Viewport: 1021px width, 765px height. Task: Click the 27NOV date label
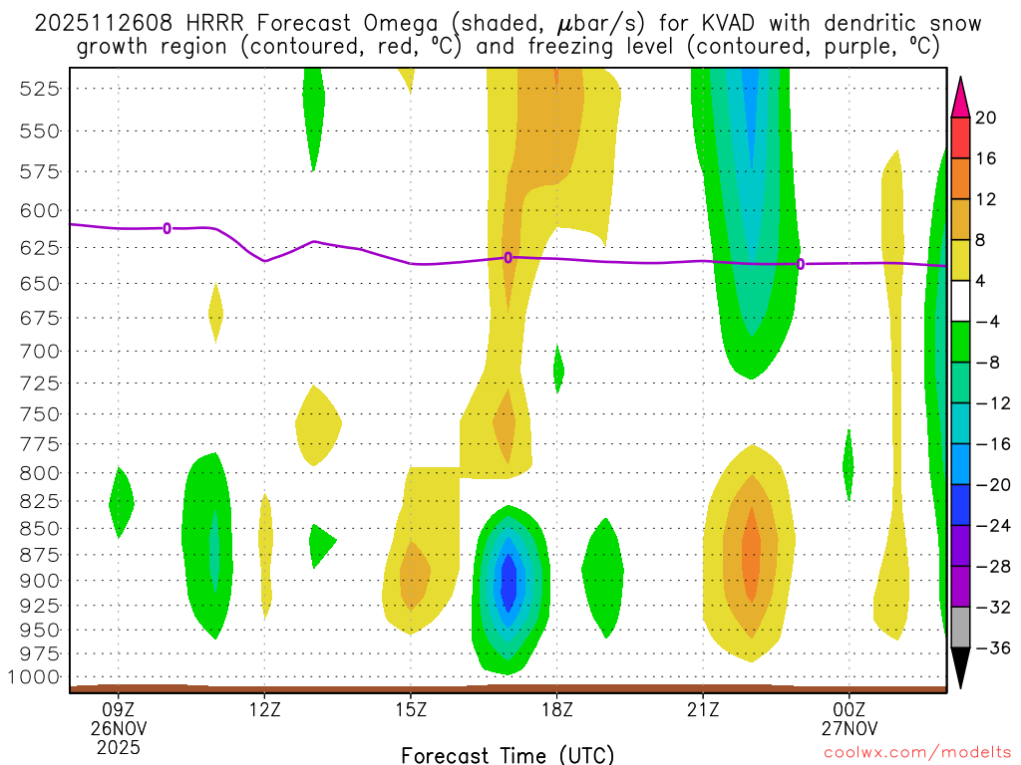click(x=849, y=728)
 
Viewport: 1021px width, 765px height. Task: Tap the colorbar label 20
click(x=986, y=118)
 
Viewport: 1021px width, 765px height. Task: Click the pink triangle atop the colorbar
click(x=961, y=94)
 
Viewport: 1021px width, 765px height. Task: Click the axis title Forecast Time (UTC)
click(x=508, y=754)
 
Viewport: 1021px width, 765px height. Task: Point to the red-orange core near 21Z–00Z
click(x=750, y=553)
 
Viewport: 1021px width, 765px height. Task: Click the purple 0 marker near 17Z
click(x=509, y=257)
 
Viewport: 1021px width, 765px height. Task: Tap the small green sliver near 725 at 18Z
click(x=558, y=370)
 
